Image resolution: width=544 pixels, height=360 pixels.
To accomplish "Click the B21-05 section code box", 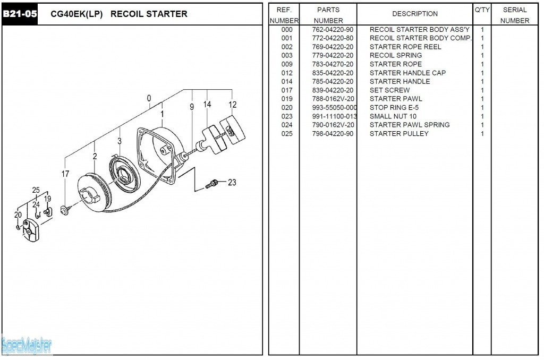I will pyautogui.click(x=20, y=14).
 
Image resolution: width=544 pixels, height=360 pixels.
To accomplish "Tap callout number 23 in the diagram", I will pyautogui.click(x=232, y=182).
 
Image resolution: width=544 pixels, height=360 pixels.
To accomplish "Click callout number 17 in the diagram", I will pyautogui.click(x=65, y=174).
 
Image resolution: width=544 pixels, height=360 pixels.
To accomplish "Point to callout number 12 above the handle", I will pyautogui.click(x=233, y=105).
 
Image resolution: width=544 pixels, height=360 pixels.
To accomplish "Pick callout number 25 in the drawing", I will pyautogui.click(x=36, y=190).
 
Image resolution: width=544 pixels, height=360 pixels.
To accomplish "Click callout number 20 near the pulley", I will pyautogui.click(x=18, y=215).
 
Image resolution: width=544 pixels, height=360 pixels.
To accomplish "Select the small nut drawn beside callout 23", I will pyautogui.click(x=212, y=184).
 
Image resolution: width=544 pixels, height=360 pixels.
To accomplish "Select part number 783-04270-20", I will pyautogui.click(x=333, y=64).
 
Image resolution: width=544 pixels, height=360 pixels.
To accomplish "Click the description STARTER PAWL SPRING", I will pyautogui.click(x=410, y=125).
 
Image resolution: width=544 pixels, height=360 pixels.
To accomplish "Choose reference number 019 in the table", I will pyautogui.click(x=287, y=99).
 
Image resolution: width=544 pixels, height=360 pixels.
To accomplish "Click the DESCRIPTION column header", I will pyautogui.click(x=415, y=14).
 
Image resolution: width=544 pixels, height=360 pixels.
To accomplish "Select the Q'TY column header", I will pyautogui.click(x=482, y=10).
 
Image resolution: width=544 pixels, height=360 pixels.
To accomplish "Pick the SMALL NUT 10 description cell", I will pyautogui.click(x=393, y=116).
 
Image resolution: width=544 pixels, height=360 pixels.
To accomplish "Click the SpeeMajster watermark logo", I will pyautogui.click(x=27, y=346).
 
